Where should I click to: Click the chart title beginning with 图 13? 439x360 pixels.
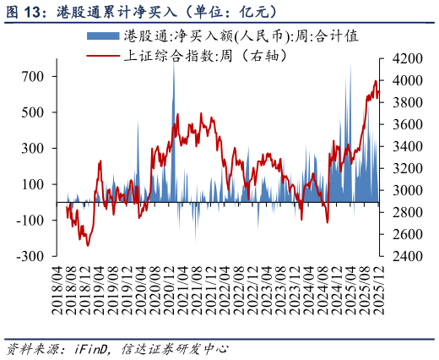144,11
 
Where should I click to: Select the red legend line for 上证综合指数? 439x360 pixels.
103,56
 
